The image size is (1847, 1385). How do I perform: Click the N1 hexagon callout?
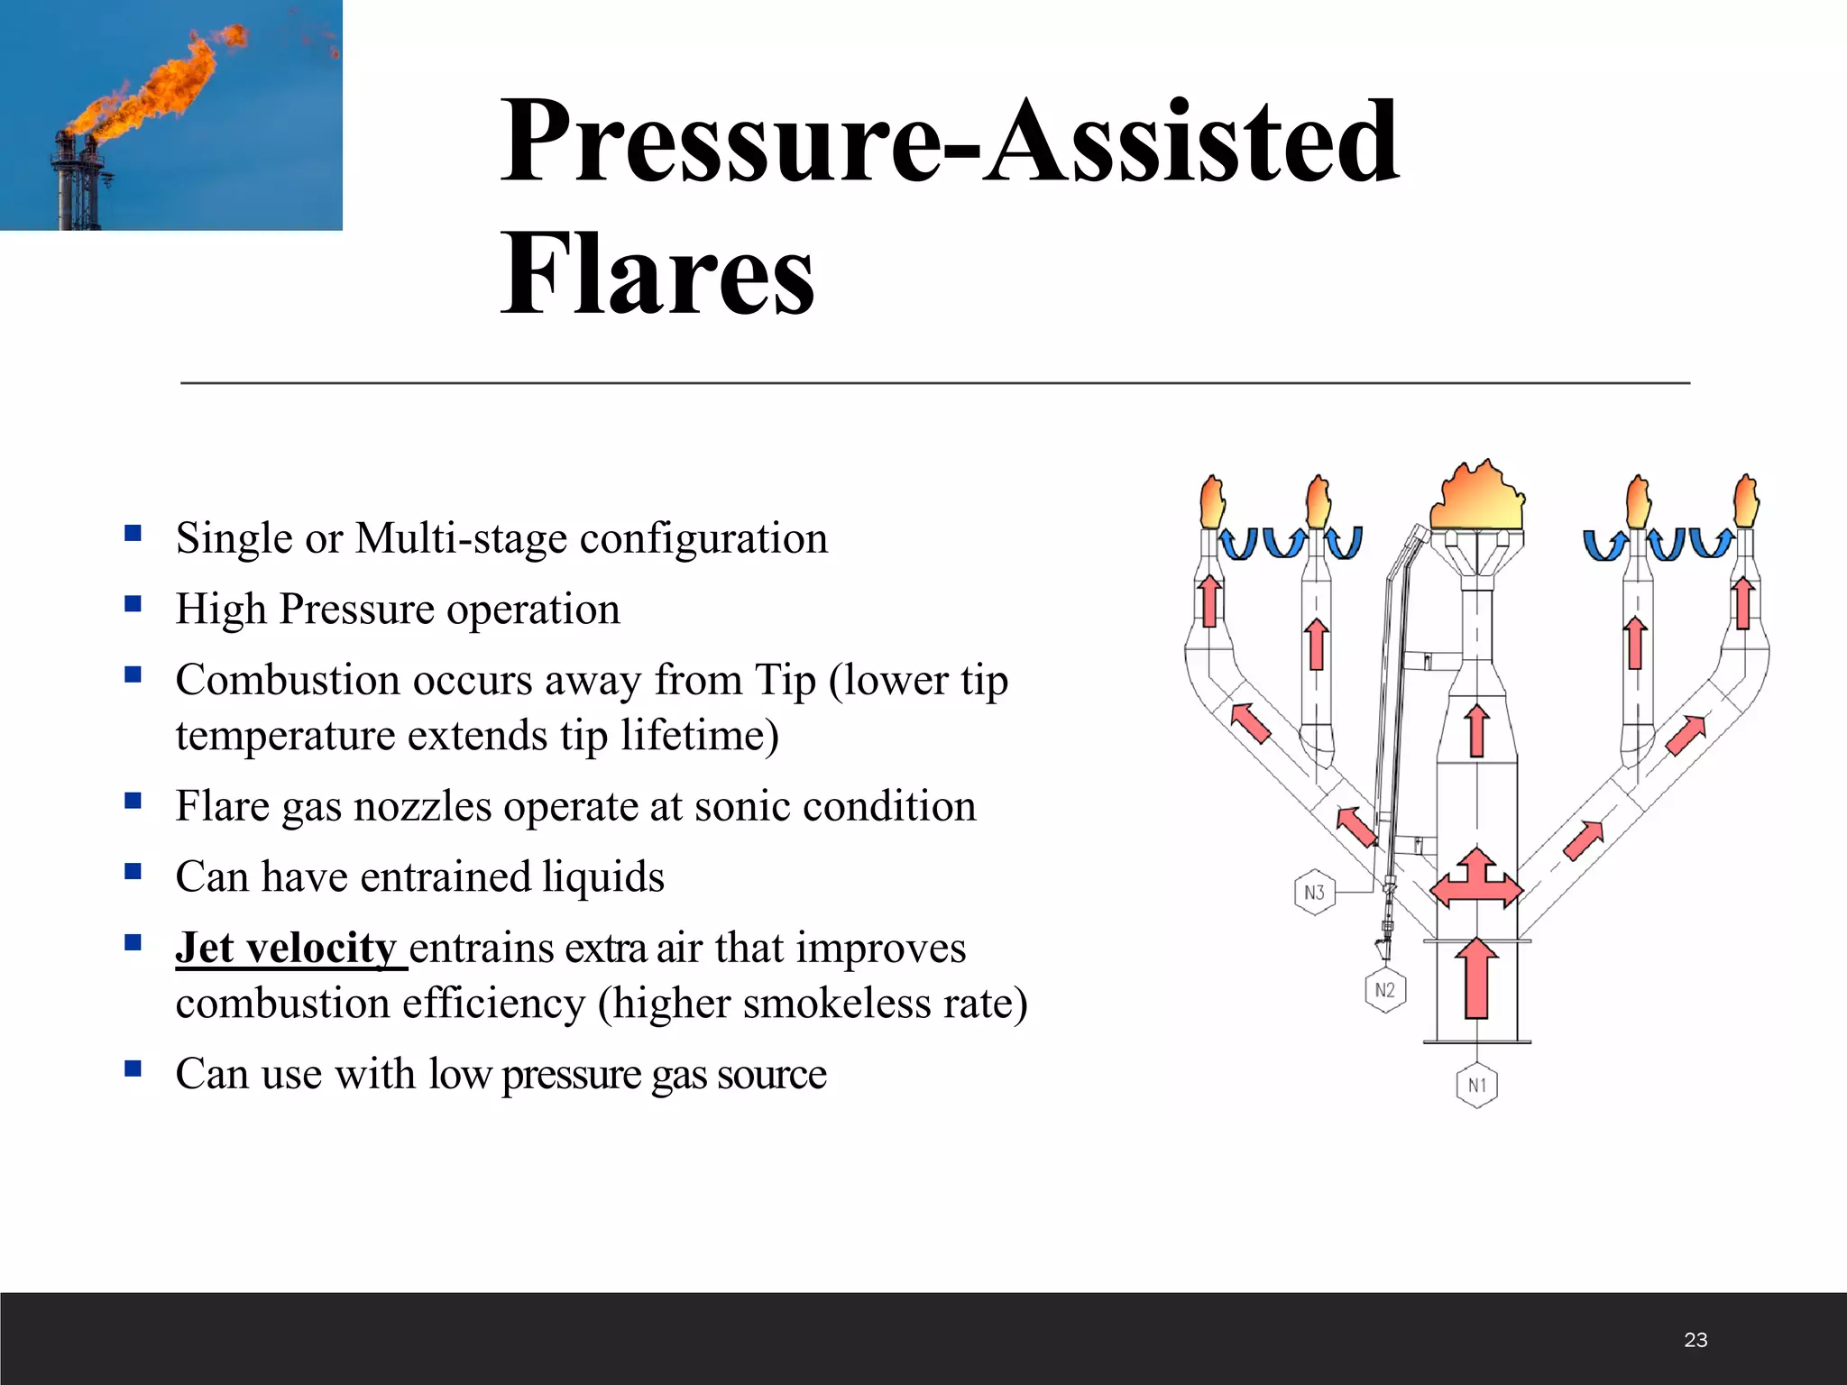(1476, 1085)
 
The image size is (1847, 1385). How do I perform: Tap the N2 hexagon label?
(1385, 990)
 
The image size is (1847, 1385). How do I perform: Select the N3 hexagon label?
(1314, 892)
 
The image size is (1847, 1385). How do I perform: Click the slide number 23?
(1695, 1340)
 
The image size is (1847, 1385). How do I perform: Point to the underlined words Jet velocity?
(287, 949)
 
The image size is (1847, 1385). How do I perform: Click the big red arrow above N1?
(1476, 978)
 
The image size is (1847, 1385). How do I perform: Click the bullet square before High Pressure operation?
(133, 604)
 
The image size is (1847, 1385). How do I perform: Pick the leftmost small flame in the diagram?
(1212, 503)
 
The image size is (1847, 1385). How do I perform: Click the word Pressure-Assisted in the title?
(949, 142)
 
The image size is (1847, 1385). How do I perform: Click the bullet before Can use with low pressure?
(133, 1069)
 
